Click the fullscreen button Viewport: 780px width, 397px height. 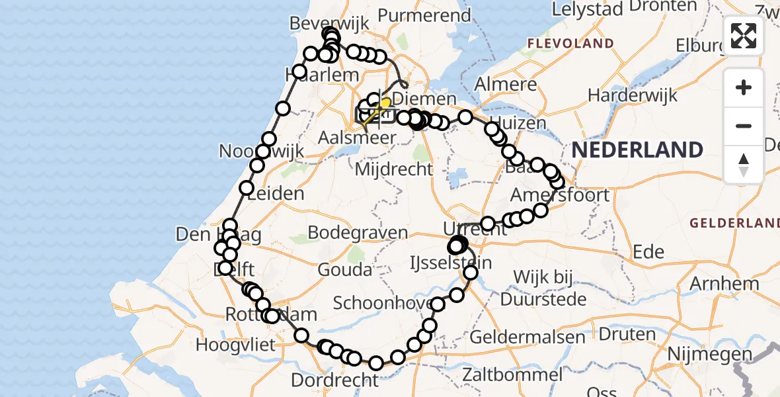(x=744, y=35)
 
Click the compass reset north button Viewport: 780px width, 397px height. (x=744, y=165)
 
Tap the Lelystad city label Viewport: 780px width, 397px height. (x=587, y=9)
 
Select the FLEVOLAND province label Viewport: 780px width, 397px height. (x=570, y=44)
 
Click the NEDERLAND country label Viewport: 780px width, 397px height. (x=637, y=150)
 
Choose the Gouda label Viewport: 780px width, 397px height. (x=344, y=270)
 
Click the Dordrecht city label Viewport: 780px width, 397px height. (x=334, y=380)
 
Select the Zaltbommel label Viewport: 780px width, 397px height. (x=513, y=375)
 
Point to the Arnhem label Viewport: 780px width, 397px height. (x=724, y=283)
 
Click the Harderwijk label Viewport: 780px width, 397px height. (x=633, y=95)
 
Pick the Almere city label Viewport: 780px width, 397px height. (x=506, y=85)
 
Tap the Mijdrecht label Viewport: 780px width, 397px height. (x=394, y=169)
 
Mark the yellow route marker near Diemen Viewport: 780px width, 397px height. (x=385, y=103)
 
